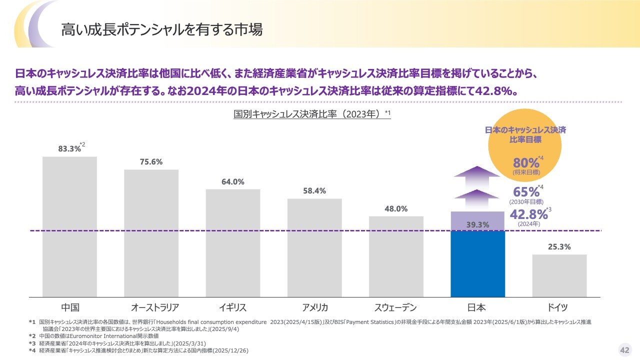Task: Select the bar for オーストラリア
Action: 151,233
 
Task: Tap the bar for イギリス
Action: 233,243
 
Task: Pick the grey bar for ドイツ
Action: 559,275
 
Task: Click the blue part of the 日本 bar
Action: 477,264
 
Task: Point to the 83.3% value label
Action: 69,148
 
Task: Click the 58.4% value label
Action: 314,190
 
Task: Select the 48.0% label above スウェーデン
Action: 396,208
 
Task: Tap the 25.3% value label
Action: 559,246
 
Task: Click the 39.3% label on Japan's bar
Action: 477,225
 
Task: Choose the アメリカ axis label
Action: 315,307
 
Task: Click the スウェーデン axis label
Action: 395,307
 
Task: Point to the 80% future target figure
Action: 526,163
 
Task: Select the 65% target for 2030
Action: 526,192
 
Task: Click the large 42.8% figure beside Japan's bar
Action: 528,214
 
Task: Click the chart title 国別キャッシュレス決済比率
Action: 309,114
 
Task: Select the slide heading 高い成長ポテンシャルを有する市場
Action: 161,29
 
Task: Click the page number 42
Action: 624,349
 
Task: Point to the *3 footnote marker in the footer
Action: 32,343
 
